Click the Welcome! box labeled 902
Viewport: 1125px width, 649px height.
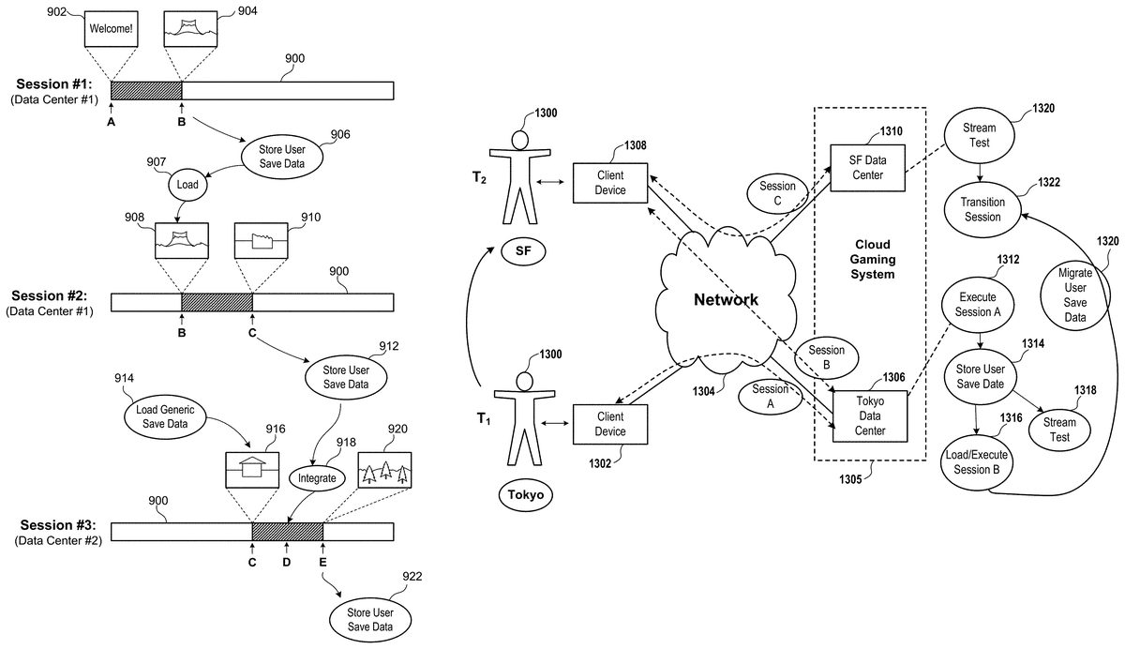110,29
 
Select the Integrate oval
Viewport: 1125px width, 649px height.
317,477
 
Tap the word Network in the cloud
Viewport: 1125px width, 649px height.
725,300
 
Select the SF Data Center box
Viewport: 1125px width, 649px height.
868,166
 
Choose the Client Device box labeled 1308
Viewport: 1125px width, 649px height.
610,183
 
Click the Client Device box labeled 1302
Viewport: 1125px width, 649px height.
609,424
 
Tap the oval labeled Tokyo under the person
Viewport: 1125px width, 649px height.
524,494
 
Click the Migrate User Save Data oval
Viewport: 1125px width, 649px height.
1074,295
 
